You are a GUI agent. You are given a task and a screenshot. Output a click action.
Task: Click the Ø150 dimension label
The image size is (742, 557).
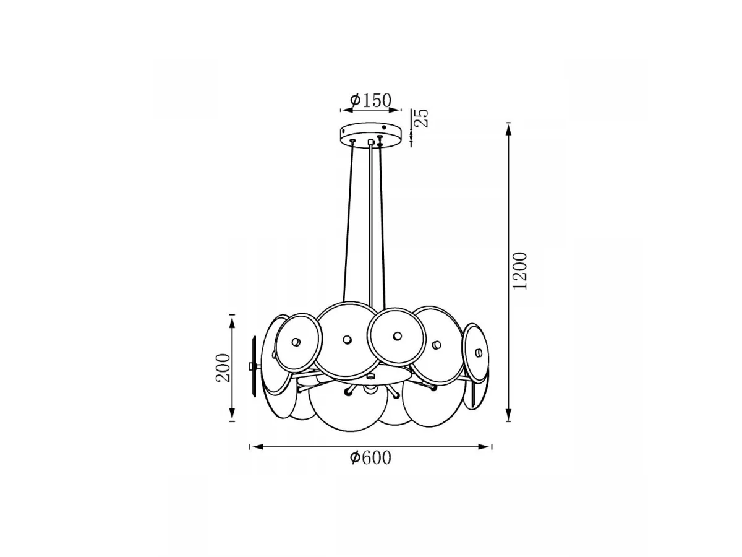370,100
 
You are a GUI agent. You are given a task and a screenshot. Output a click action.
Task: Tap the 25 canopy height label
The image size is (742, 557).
422,118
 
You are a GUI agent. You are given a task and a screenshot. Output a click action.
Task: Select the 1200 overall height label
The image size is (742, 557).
520,271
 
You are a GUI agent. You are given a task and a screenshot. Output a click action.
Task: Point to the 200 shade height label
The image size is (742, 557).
223,368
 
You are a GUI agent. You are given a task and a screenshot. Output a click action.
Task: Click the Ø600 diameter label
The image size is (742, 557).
370,457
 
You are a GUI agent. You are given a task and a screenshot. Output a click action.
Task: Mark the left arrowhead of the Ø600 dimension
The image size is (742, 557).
258,447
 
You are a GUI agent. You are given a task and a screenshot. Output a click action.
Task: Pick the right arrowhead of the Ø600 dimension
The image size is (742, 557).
484,447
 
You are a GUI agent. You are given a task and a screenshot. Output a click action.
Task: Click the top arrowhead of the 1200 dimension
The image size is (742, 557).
508,130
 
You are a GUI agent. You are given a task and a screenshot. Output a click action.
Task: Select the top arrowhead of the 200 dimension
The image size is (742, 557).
232,323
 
